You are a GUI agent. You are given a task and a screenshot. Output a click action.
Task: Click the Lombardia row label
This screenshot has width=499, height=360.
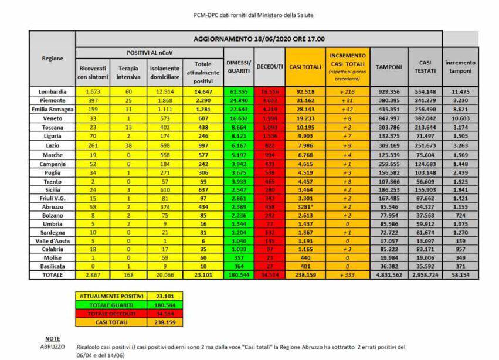pyautogui.click(x=53, y=92)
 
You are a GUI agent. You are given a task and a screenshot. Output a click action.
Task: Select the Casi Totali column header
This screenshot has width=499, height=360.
pyautogui.click(x=305, y=67)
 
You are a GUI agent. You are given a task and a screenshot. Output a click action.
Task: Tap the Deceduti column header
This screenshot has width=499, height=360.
pyautogui.click(x=270, y=67)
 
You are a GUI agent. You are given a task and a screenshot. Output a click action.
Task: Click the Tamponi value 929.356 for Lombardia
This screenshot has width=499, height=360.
pyautogui.click(x=388, y=92)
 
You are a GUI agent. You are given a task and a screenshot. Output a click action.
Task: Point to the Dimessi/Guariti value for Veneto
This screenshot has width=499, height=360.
pyautogui.click(x=238, y=118)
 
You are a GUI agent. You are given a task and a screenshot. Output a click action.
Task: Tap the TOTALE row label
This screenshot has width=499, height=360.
pyautogui.click(x=53, y=274)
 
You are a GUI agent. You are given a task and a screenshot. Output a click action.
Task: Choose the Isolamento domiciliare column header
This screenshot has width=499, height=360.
pyautogui.click(x=164, y=72)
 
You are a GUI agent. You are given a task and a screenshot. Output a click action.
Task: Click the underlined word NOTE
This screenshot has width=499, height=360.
pyautogui.click(x=52, y=338)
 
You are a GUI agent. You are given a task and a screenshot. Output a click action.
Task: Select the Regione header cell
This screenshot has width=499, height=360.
pyautogui.click(x=53, y=58)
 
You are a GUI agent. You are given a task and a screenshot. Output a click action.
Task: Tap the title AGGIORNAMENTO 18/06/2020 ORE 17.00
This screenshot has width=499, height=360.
pyautogui.click(x=259, y=39)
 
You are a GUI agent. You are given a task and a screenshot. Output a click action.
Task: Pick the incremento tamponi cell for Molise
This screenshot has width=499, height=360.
pyautogui.click(x=460, y=257)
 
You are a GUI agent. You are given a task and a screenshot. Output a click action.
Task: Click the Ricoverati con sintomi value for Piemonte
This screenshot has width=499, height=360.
pyautogui.click(x=93, y=101)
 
